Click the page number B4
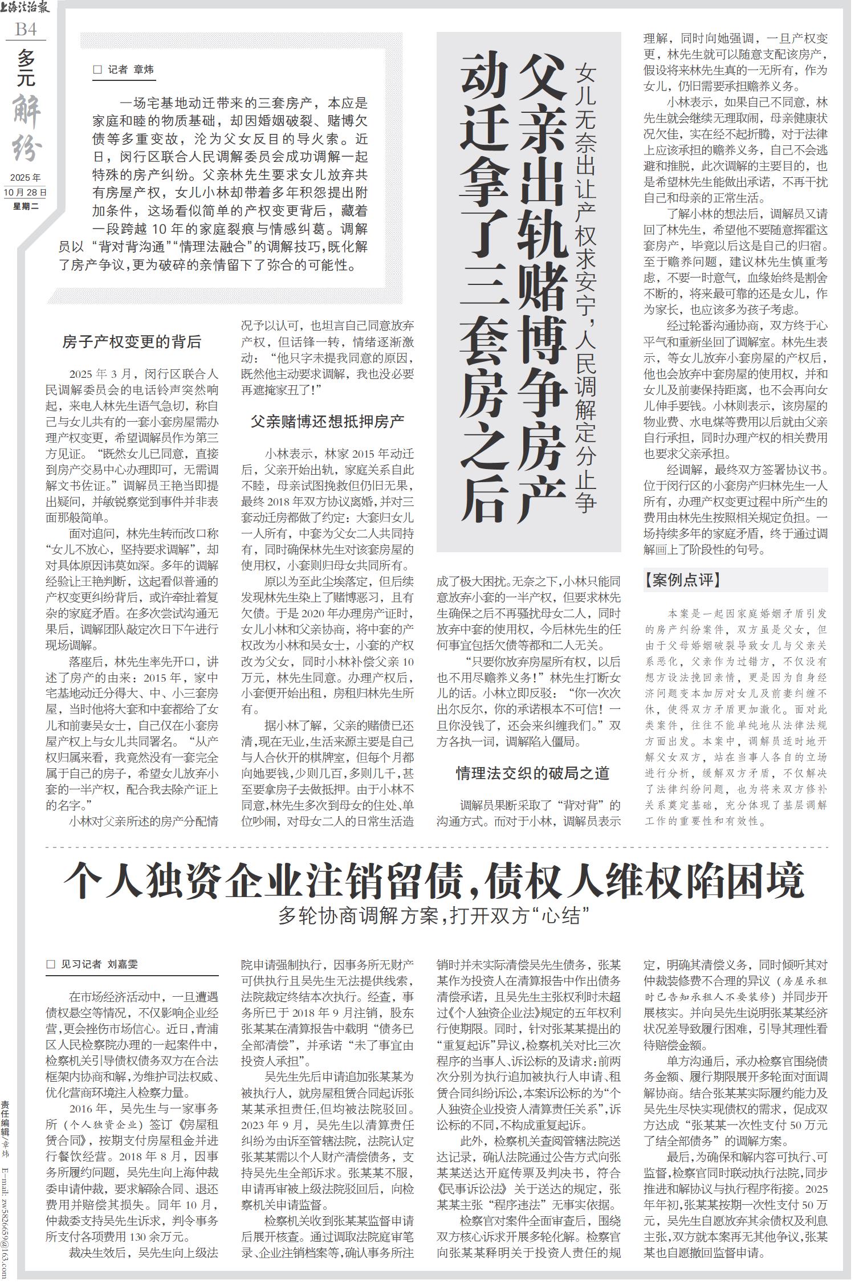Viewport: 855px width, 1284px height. pos(26,28)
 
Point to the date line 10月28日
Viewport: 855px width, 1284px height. pos(26,192)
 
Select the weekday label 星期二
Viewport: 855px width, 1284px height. pos(26,206)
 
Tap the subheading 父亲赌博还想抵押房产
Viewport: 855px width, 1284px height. pos(328,422)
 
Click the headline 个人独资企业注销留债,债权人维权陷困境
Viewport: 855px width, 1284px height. pos(434,881)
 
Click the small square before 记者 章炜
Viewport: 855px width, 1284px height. pos(97,70)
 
